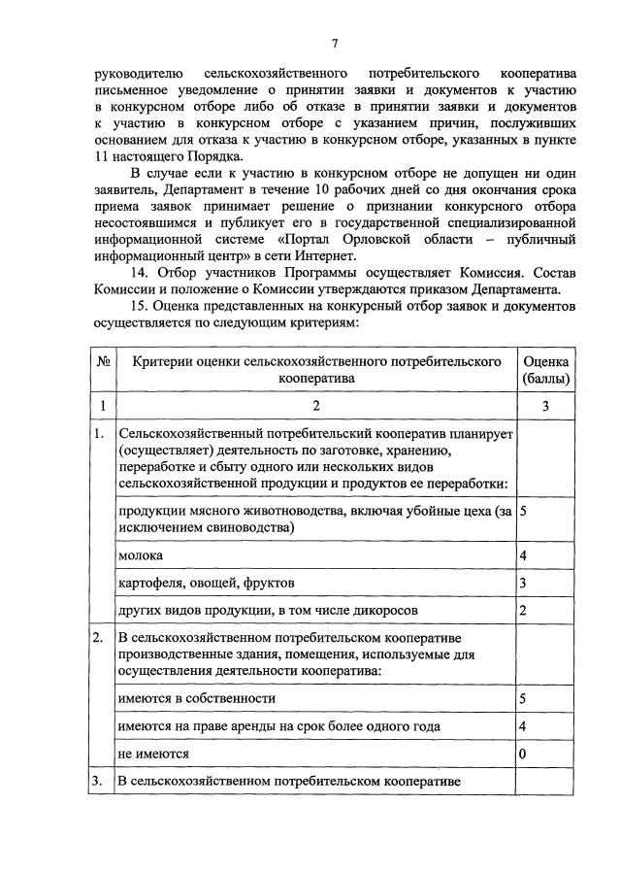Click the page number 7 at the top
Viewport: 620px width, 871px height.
pos(335,43)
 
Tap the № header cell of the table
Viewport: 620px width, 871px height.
pos(103,361)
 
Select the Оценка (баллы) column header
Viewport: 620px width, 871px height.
pos(545,370)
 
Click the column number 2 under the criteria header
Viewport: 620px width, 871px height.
pos(315,405)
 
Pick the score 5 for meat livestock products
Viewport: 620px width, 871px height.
pos(523,510)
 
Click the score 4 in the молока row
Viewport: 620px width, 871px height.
pos(523,555)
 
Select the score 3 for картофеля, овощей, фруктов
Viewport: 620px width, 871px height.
pos(523,583)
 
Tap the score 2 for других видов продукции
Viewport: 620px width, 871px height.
pos(523,610)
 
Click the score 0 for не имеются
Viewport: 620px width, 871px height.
pos(523,753)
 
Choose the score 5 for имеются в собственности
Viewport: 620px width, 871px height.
pos(523,698)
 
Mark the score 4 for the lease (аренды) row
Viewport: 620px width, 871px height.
pos(523,725)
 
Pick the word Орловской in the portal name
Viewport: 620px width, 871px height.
pos(366,239)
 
